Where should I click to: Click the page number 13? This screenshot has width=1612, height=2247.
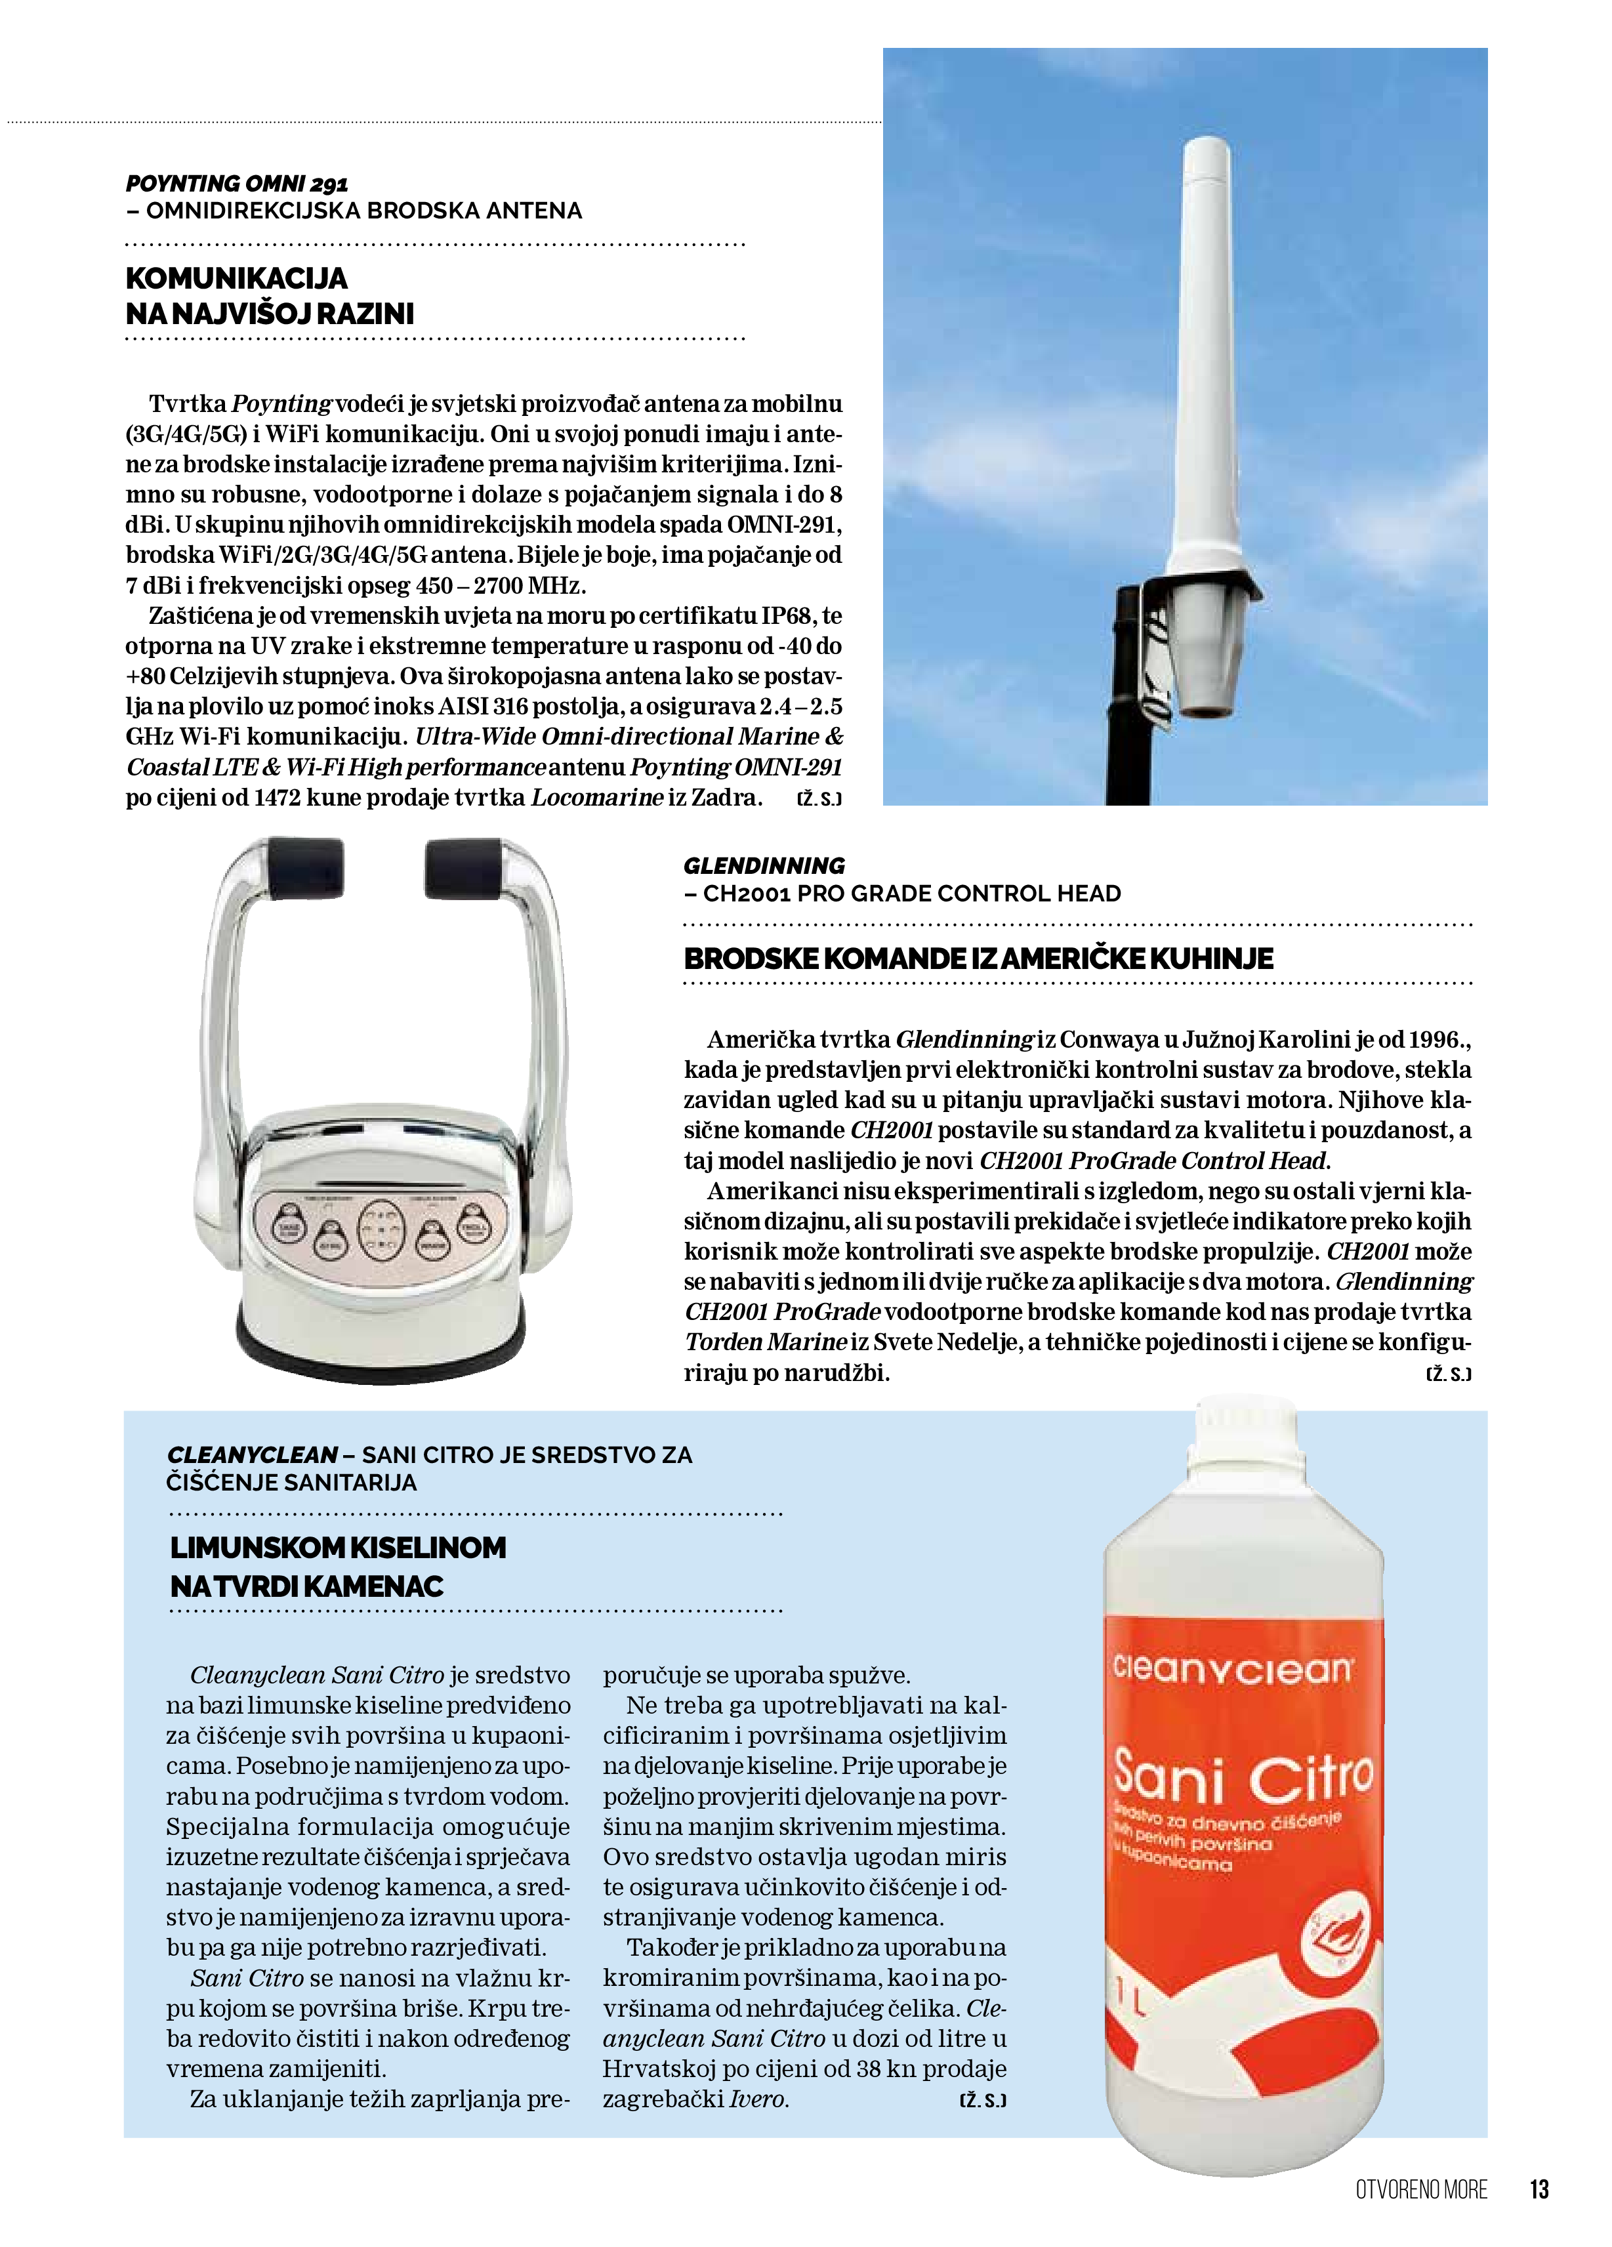click(x=1538, y=2189)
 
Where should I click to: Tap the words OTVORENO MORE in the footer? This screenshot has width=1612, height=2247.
click(x=1421, y=2189)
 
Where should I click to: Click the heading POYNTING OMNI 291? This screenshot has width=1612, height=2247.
click(x=237, y=183)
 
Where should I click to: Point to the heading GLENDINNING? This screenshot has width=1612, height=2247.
click(x=764, y=865)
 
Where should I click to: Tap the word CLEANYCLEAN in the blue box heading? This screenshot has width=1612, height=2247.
click(x=253, y=1454)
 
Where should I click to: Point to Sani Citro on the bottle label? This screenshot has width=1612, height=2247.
click(x=1243, y=1779)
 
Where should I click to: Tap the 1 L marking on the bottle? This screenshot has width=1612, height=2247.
click(x=1130, y=2004)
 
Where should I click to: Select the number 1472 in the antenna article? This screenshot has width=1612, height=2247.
click(x=276, y=798)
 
